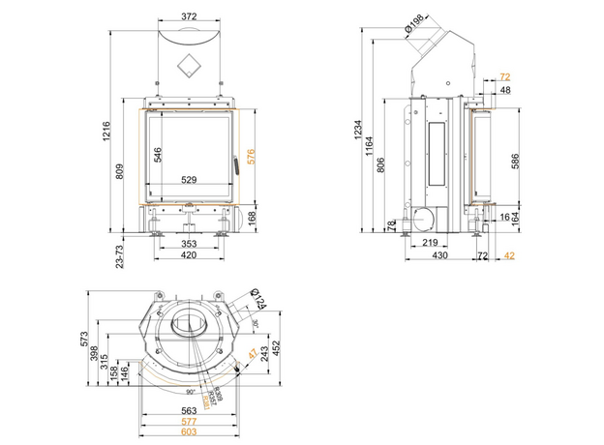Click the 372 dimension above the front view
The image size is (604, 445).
[189, 16]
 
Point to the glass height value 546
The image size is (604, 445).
[156, 154]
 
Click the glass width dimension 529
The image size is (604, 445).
[189, 179]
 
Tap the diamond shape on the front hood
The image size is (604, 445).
[189, 65]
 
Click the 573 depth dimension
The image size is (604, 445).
[86, 339]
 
